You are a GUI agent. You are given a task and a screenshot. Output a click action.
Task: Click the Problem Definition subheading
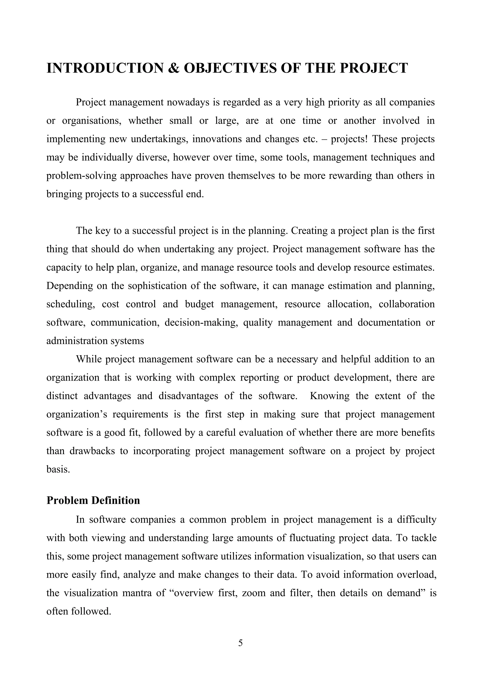[93, 500]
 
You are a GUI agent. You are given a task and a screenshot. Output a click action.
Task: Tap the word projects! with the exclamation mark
[349, 139]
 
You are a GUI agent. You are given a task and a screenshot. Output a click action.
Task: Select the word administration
[77, 341]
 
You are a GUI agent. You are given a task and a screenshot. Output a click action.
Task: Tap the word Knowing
[330, 396]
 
